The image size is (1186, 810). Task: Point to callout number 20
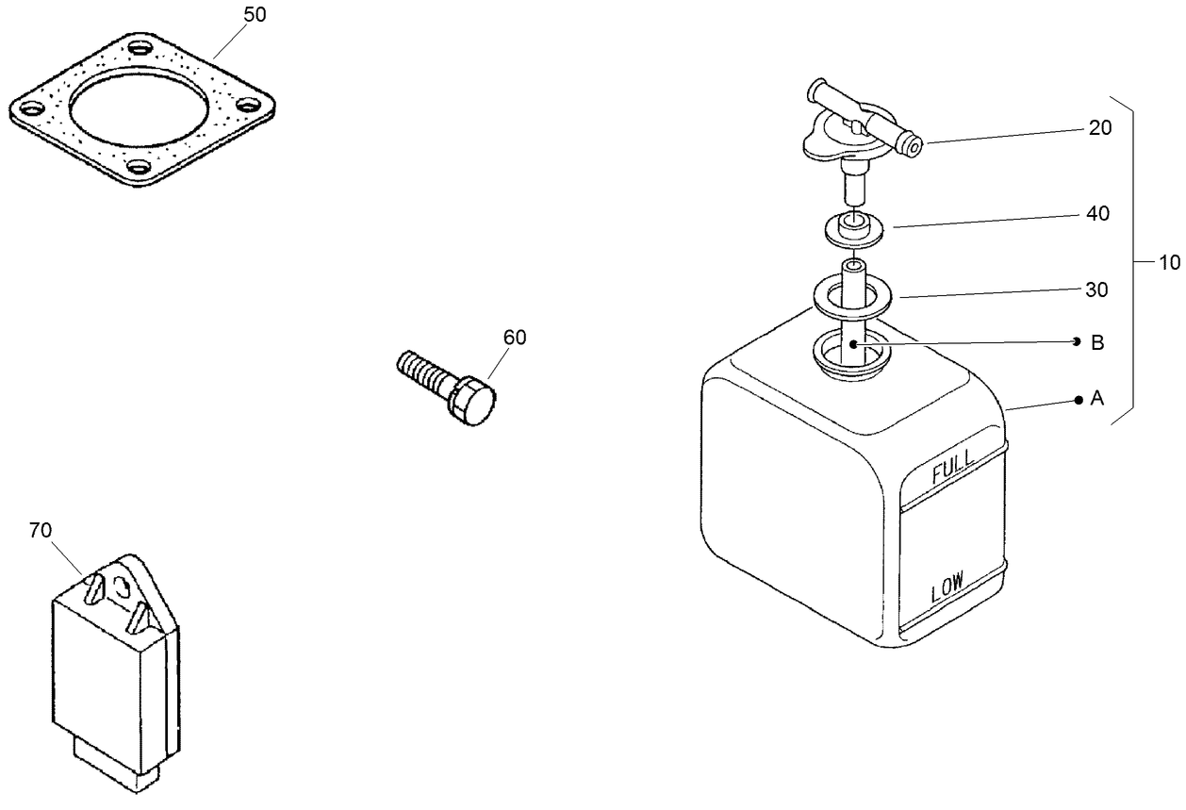tap(1099, 128)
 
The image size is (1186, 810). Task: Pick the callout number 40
tap(1097, 214)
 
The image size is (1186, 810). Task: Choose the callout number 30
tap(1096, 290)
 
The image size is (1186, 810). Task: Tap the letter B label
tap(1097, 342)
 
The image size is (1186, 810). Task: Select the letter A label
tap(1096, 399)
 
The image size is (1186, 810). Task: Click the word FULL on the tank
tap(952, 470)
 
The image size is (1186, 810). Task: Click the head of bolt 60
tap(474, 404)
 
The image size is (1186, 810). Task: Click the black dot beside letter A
tap(1078, 400)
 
